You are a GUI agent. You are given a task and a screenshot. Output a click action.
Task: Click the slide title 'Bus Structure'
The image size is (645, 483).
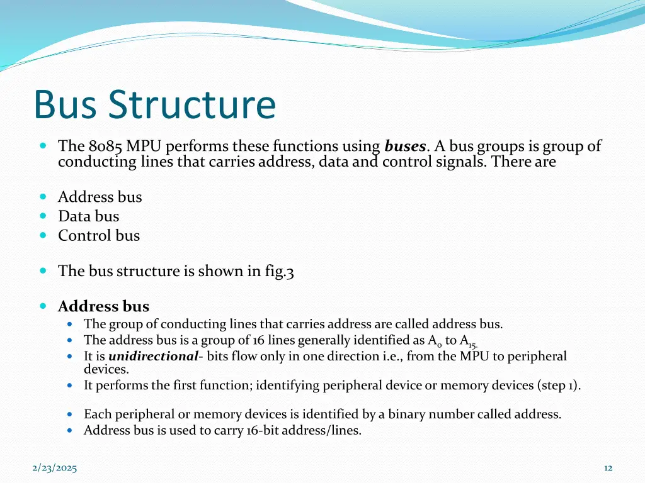154,105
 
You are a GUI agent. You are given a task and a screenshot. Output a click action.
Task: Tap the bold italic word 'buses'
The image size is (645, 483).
406,147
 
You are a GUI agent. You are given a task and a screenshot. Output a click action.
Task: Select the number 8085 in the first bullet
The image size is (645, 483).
106,147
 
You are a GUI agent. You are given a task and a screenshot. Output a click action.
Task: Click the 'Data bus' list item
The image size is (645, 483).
88,216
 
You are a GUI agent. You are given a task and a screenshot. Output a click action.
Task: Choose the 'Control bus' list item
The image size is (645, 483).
99,236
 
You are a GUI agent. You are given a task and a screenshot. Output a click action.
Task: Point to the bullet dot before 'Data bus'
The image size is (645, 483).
43,216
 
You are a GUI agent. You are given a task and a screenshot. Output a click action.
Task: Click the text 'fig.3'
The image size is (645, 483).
279,271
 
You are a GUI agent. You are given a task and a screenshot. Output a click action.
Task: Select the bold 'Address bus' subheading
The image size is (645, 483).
103,307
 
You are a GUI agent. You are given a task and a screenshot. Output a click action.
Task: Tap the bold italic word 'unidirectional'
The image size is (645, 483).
153,357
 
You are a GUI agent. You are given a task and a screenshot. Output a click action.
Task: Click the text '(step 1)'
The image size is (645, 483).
559,386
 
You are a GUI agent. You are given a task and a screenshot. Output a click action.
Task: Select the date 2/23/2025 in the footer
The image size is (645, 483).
55,468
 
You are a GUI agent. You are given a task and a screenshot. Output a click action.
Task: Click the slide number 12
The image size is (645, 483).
608,468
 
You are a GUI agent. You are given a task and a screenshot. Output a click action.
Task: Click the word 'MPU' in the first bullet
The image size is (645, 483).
144,147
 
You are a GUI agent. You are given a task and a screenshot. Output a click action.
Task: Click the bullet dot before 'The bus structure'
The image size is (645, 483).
43,270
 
